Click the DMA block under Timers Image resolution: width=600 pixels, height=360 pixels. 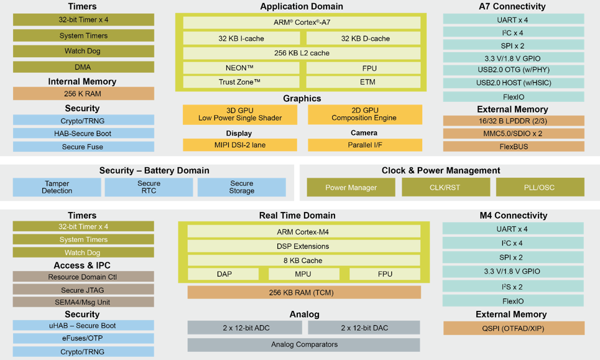tap(83, 67)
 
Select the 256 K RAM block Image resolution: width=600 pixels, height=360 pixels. tap(83, 94)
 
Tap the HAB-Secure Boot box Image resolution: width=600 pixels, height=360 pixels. tap(83, 134)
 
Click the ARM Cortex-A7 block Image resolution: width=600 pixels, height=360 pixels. tap(302, 22)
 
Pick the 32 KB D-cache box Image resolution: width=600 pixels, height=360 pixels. tap(364, 39)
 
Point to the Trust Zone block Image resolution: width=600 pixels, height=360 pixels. tap(241, 82)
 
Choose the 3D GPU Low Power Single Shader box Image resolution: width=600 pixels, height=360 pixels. tap(240, 114)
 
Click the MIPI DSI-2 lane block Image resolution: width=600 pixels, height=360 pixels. tap(240, 145)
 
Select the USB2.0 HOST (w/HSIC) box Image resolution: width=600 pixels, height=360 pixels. tap(514, 83)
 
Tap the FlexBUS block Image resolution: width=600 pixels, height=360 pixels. tap(514, 147)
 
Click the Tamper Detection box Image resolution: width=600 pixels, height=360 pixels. tap(57, 187)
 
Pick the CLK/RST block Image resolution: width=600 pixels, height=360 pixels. tap(446, 187)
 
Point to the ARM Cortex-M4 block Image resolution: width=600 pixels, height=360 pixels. tap(304, 232)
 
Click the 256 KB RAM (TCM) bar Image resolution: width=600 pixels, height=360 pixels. tap(304, 293)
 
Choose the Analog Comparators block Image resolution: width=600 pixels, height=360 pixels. tap(304, 344)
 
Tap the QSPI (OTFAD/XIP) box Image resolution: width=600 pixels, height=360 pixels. tap(514, 328)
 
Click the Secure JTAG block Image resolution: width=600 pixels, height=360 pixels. tap(83, 290)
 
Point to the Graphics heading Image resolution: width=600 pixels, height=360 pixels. tap(302, 98)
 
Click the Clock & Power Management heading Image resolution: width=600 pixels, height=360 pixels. tap(441, 170)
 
